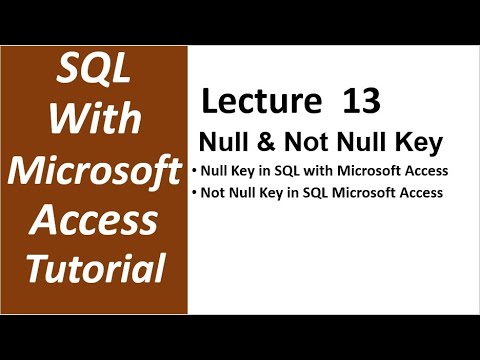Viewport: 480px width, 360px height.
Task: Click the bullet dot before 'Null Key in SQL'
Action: [x=194, y=170]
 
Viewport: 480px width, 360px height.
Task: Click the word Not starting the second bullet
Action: [x=214, y=193]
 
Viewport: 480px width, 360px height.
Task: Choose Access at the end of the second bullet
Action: [x=419, y=193]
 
